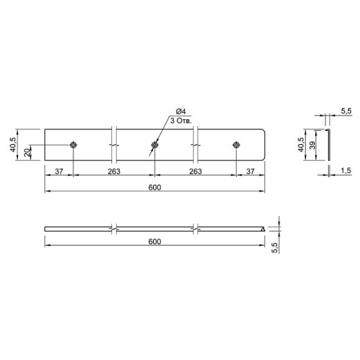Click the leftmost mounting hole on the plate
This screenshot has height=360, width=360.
pos(73,145)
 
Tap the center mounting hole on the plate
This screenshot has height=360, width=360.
pos(154,145)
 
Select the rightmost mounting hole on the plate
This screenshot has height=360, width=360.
pos(236,145)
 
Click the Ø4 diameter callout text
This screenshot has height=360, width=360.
pos(181,111)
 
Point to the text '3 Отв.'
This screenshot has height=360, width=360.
pos(181,120)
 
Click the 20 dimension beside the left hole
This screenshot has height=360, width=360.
pos(28,152)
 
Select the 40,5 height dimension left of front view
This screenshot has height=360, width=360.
pos(12,145)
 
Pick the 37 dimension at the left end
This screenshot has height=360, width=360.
pos(59,171)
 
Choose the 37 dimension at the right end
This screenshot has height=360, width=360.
pos(251,171)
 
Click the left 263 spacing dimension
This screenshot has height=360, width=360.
pos(114,171)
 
